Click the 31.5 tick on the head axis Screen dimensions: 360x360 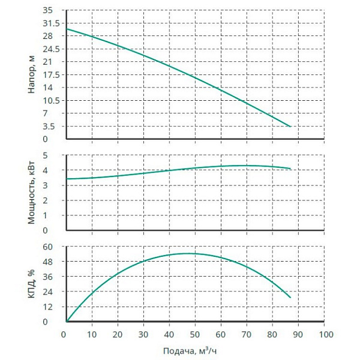coord(50,23)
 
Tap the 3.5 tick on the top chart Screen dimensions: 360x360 coord(53,127)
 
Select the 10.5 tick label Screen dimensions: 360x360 coord(50,101)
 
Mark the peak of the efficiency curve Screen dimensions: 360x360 coord(188,253)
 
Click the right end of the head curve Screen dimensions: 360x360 coord(291,127)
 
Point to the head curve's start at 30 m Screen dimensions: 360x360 coord(67,29)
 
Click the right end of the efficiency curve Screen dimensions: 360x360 coord(291,298)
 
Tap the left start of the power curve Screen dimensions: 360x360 coord(67,179)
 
